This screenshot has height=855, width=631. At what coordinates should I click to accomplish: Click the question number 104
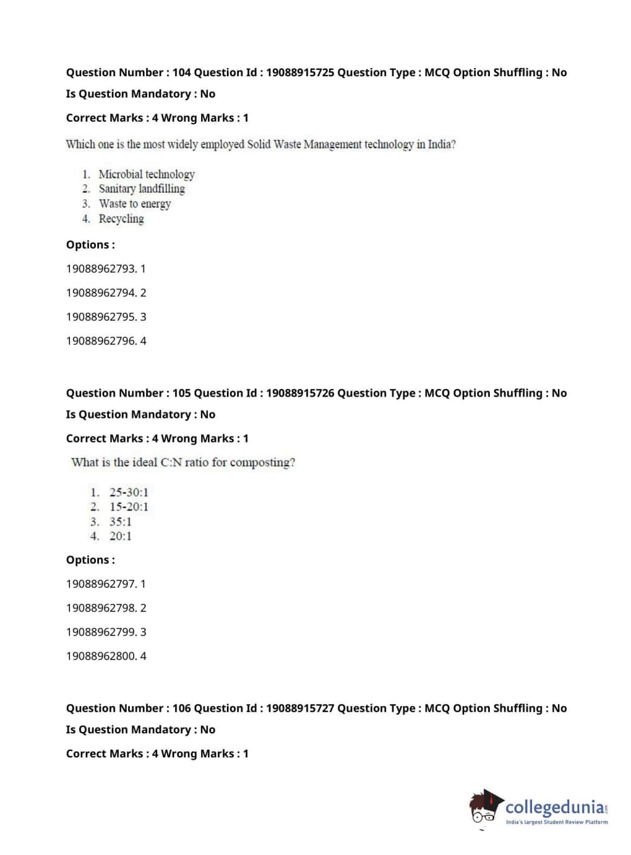[182, 73]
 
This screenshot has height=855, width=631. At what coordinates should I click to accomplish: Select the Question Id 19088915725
[300, 73]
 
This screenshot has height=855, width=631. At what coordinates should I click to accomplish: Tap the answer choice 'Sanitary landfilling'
[142, 189]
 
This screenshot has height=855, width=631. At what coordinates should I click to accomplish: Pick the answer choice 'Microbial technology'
[147, 174]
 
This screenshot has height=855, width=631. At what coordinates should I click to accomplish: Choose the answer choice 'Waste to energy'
[135, 204]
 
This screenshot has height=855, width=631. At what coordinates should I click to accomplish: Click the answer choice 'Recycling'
[122, 219]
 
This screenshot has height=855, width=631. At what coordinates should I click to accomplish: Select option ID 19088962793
[101, 269]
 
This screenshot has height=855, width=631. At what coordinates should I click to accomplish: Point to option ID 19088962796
[101, 340]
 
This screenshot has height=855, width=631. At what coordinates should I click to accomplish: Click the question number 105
[182, 393]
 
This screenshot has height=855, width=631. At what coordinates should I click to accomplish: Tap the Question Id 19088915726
[300, 393]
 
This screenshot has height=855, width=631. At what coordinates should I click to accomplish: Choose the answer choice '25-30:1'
[129, 492]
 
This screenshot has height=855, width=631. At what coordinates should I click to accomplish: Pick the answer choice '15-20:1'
[129, 506]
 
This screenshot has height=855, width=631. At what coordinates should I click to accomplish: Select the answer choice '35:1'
[120, 521]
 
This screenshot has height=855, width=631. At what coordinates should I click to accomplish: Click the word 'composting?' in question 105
[262, 462]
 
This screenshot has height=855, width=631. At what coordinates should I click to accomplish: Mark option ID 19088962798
[101, 608]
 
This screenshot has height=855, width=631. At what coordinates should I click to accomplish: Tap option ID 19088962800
[101, 656]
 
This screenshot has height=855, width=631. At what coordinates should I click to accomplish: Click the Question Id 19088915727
[300, 708]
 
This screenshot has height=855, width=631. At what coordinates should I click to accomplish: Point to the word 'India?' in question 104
[441, 144]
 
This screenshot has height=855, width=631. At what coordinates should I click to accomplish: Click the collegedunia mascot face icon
[484, 806]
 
